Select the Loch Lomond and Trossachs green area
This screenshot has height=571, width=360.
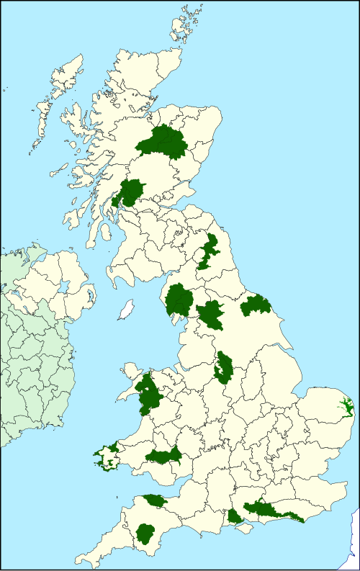pos(132,192)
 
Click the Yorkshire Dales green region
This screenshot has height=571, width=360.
pos(211,314)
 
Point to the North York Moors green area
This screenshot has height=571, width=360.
pos(256,305)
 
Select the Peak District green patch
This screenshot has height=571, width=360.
pos(223,367)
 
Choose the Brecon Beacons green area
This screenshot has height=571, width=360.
pos(163,456)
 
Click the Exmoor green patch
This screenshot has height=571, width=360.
pos(155,500)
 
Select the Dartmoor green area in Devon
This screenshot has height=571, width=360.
pos(145,534)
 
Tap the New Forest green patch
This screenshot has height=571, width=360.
pos(235,517)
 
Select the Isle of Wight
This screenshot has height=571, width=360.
pos(246,529)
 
